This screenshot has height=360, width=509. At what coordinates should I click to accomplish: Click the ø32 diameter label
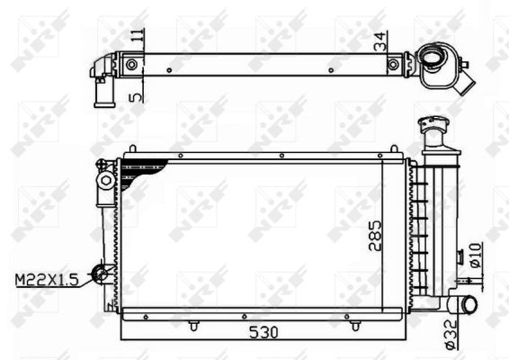[x=451, y=337]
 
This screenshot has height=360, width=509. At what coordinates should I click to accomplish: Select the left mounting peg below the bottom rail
[x=194, y=324]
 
